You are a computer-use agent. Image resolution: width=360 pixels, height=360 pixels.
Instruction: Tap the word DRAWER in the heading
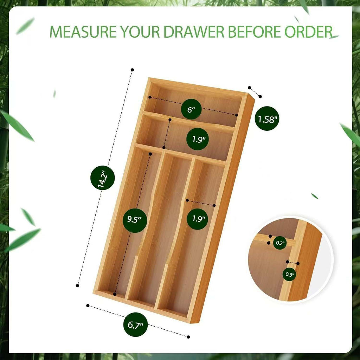point(194,32)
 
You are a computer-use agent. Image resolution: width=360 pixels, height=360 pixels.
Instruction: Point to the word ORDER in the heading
point(308,32)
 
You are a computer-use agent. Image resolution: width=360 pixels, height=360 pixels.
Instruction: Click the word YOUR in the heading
point(140,32)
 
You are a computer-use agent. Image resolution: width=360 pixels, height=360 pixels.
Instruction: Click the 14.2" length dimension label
point(102,178)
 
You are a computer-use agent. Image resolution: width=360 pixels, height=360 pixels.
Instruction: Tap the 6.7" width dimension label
point(135,324)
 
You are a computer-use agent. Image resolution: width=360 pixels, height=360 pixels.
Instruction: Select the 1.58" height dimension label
point(267,119)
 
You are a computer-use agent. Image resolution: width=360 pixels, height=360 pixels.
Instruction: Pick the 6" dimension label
point(191,109)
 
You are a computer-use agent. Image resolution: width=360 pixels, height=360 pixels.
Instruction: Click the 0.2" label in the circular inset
point(280,243)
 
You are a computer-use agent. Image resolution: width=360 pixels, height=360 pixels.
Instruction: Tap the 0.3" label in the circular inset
point(290,274)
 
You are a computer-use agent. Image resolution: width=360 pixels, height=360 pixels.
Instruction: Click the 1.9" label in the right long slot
point(198,218)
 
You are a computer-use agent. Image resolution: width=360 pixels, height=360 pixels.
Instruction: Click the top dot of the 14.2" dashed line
point(132,70)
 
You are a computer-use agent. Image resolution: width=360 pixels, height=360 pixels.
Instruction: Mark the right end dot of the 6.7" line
point(188,337)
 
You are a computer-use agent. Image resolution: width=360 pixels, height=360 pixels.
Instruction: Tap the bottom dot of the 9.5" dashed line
point(115,294)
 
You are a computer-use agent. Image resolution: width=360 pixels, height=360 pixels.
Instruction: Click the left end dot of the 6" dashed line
point(150,97)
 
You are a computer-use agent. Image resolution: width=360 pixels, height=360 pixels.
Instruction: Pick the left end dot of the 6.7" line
point(88,306)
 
